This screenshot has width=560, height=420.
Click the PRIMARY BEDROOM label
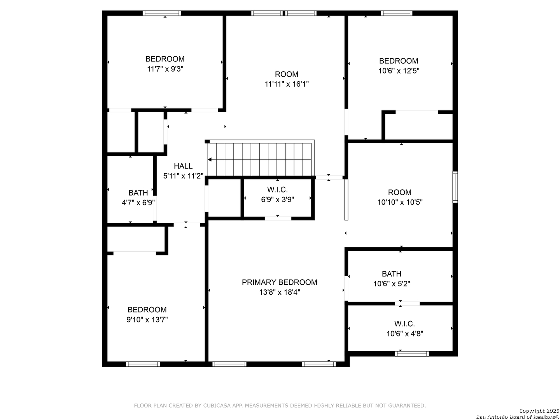coord(279,282)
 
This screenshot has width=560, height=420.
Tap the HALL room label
coord(183,166)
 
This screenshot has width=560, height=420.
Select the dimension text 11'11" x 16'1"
coord(287,84)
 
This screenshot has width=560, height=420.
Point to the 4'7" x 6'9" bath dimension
coord(138,203)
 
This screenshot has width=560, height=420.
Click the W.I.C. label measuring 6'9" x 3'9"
coord(277,190)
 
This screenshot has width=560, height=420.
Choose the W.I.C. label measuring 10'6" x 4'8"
coord(404,324)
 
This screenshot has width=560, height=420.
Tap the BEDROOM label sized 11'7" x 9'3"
coord(165,59)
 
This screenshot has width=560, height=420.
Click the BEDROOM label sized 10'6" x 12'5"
coord(399,61)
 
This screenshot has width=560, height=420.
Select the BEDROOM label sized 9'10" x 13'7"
coord(147,310)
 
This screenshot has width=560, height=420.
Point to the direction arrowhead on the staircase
coord(210,159)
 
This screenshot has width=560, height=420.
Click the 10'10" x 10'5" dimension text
coord(400,203)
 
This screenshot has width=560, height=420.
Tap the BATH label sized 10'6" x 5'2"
coord(391,274)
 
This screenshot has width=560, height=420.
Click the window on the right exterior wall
coord(455,187)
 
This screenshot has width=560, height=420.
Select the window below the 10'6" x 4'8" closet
coord(412,354)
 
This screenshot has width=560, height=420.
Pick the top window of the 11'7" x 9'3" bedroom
coord(162,13)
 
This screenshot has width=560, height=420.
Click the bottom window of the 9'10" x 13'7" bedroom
coord(143,364)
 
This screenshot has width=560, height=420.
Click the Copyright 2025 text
coord(539,411)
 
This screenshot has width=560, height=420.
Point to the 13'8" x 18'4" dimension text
coord(279,292)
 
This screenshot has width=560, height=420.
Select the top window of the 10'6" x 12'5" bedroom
coord(397,13)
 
